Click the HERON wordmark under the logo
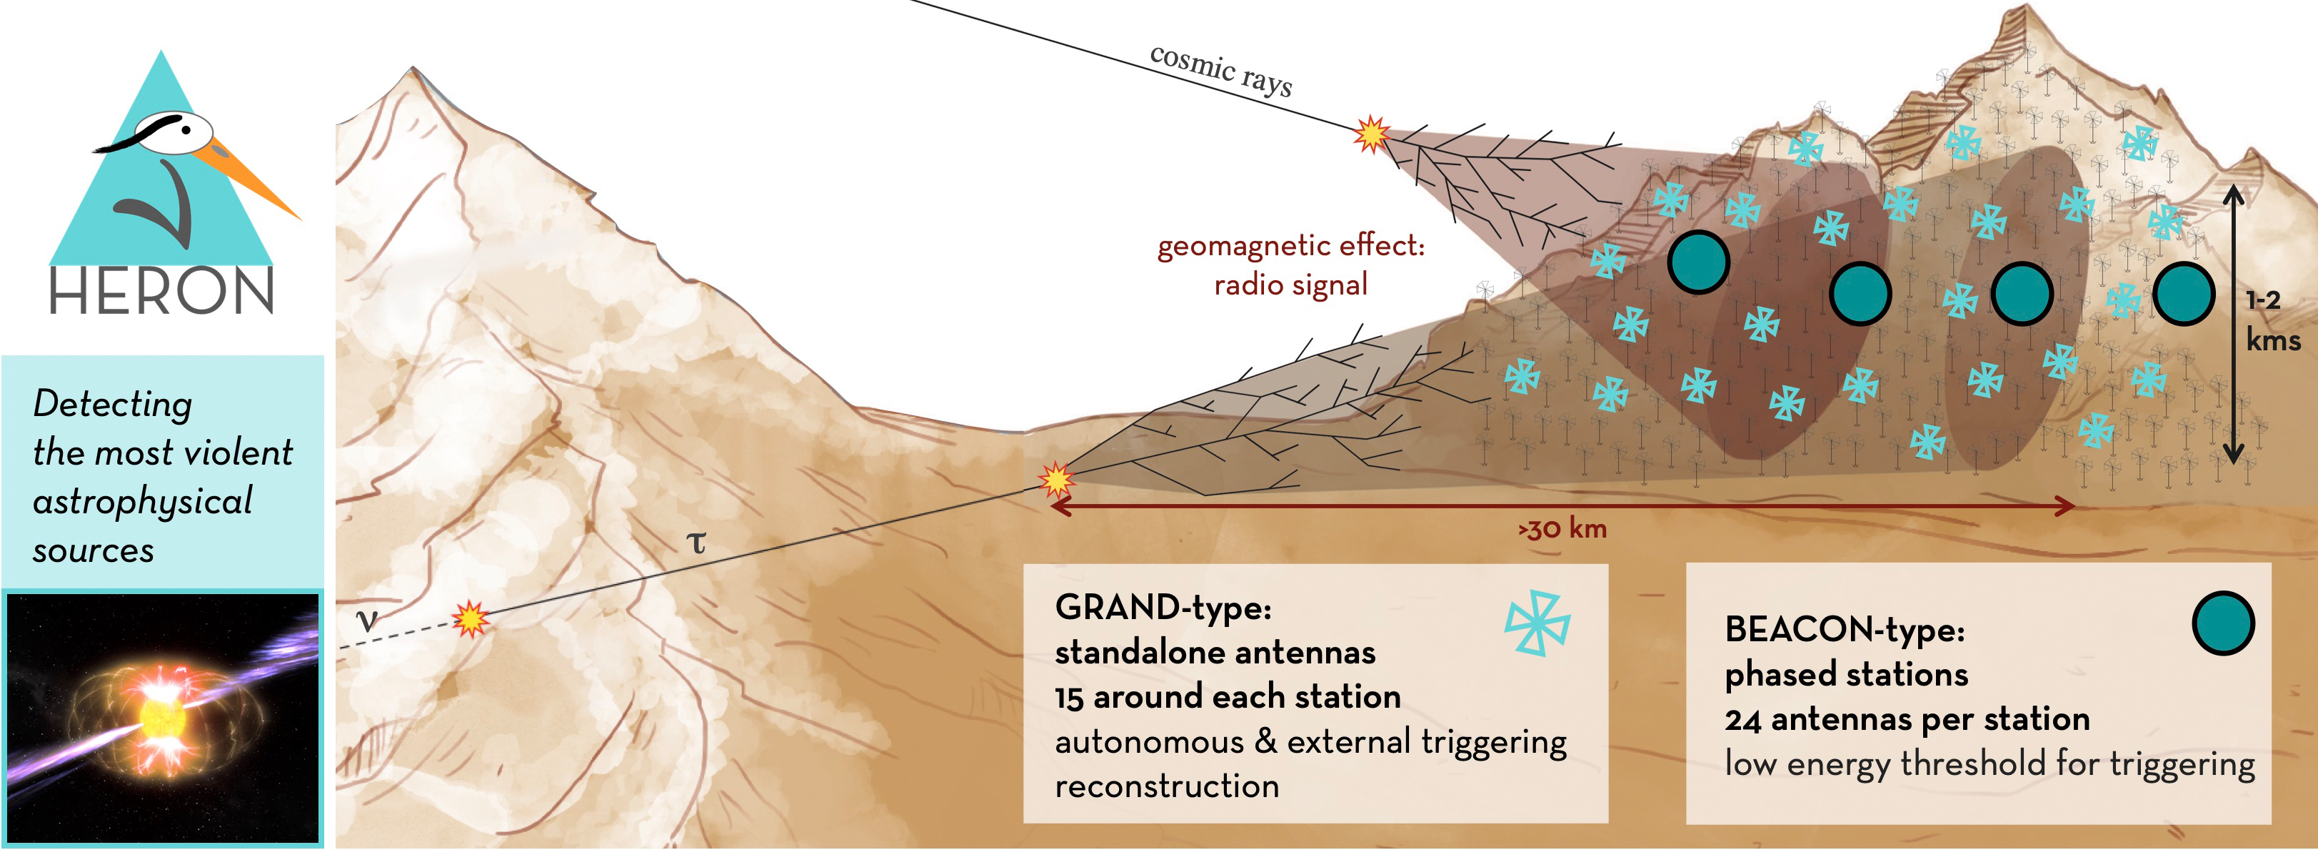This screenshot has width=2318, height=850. pyautogui.click(x=161, y=292)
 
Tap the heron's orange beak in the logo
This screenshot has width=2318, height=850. pyautogui.click(x=252, y=181)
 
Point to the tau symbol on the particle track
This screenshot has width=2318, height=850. pyautogui.click(x=696, y=542)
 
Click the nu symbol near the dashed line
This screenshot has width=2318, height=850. pyautogui.click(x=366, y=620)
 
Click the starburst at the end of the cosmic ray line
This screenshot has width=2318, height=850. pyautogui.click(x=1371, y=134)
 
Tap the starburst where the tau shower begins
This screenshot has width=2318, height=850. pyautogui.click(x=1055, y=479)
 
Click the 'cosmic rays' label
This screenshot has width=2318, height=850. pyautogui.click(x=1221, y=69)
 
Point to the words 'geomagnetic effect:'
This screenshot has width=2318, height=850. pyautogui.click(x=1290, y=246)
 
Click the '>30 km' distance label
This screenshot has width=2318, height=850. pyautogui.click(x=1563, y=528)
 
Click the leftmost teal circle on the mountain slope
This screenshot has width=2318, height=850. pyautogui.click(x=1698, y=262)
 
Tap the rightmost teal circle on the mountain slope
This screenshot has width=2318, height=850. pyautogui.click(x=2183, y=294)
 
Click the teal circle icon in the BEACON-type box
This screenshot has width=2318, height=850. pyautogui.click(x=2222, y=623)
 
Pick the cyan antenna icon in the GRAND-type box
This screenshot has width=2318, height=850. pyautogui.click(x=1537, y=623)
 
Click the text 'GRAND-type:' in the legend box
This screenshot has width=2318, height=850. pyautogui.click(x=1163, y=608)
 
